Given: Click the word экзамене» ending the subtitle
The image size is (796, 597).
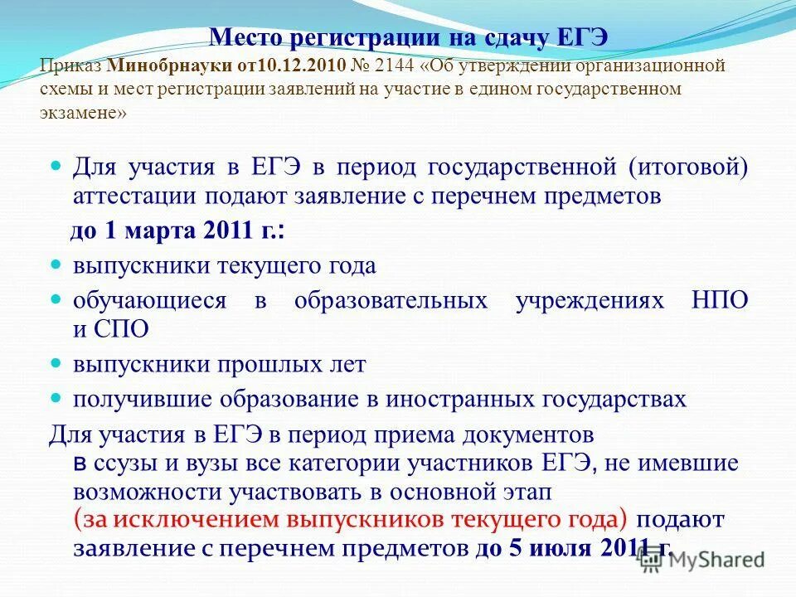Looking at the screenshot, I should coord(83,113).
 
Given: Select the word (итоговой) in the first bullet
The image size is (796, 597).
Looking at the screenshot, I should coord(687,167).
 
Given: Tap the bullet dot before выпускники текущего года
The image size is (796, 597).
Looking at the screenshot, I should coord(57,265).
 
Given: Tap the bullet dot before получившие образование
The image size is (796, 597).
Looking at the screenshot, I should coord(57,398).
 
